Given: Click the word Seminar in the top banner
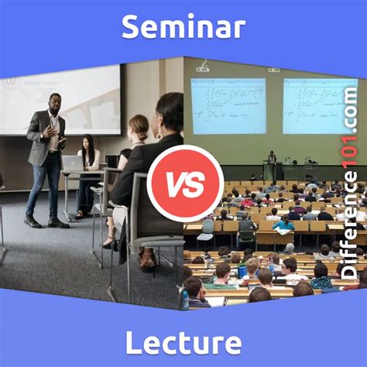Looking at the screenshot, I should tap(183, 28).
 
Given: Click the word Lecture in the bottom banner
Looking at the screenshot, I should tap(183, 341).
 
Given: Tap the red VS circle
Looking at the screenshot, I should tap(183, 183).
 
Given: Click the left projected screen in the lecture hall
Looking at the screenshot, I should tap(228, 105).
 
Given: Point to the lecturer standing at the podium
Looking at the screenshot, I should tap(272, 164).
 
